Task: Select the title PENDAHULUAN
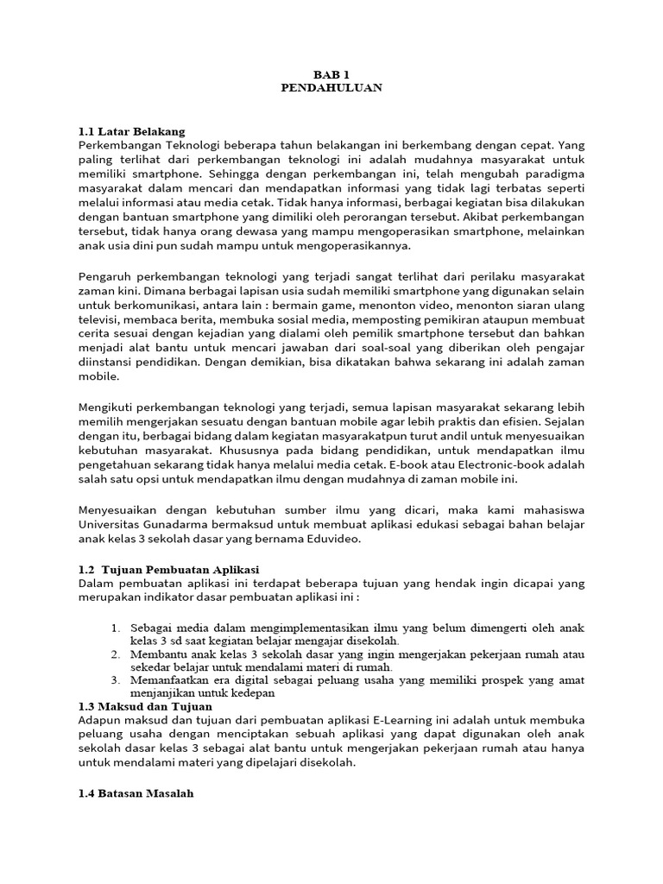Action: [x=331, y=87]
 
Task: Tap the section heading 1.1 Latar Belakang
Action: [x=131, y=131]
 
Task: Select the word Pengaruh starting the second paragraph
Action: [x=106, y=275]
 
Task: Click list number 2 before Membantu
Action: [x=117, y=654]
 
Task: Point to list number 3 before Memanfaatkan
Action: [x=117, y=679]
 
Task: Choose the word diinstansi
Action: [x=107, y=363]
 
